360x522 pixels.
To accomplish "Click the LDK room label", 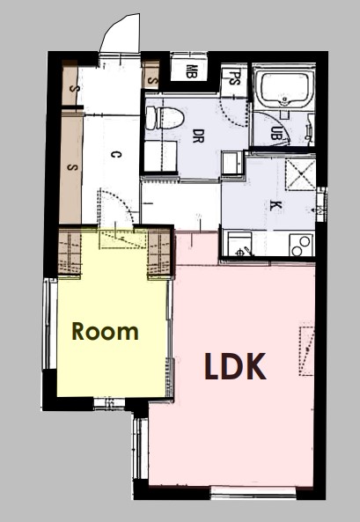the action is point(235,366).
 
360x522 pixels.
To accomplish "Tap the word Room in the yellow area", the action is point(105,331).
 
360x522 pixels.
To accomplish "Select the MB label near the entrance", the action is point(191,71).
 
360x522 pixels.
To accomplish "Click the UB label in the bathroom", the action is point(276,134).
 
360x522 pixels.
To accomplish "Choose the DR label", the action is point(198,136).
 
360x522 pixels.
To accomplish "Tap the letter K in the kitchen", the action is point(276,206).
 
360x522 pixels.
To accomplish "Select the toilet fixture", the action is point(165,118).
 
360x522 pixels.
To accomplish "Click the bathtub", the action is point(284,87).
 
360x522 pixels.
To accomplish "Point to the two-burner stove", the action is point(301,245).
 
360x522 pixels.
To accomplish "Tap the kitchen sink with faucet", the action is point(239,245).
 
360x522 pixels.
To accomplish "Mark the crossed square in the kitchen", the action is point(300,174).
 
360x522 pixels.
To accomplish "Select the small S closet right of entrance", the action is point(152,75).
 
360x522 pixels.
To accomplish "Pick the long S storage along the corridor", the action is point(71,166).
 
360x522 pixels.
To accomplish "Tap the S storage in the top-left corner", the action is point(70,84).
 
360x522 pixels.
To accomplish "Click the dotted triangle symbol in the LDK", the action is point(306,351).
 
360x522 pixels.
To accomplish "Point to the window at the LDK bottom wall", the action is point(253,493).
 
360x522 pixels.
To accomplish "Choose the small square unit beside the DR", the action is point(233,163).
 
